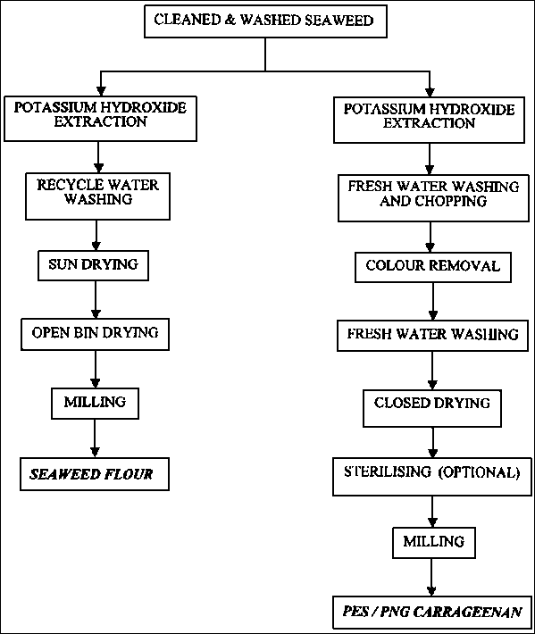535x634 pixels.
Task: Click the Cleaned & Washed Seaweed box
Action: coord(265,21)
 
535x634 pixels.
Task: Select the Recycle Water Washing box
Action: coord(98,196)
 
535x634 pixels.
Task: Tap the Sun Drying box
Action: coord(94,265)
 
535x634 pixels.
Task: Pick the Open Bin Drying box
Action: coord(95,334)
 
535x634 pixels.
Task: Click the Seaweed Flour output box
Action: coord(95,474)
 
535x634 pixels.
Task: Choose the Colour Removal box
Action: coord(433,267)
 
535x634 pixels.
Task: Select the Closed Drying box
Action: coord(432,408)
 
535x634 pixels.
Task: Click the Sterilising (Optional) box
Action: coord(432,477)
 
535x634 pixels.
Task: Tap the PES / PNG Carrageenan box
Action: coord(432,613)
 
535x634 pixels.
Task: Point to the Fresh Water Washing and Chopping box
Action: coord(433,198)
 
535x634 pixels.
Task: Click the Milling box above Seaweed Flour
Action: coord(95,404)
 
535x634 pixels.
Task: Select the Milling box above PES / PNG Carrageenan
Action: coord(434,543)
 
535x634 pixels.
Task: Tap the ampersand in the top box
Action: coord(230,20)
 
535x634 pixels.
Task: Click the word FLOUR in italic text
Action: coord(129,474)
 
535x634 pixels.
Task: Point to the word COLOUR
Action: coord(395,265)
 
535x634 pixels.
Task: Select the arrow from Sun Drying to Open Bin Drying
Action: coord(96,300)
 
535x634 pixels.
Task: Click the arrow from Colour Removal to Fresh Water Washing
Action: coord(433,302)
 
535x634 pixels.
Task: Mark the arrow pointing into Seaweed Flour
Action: coord(95,438)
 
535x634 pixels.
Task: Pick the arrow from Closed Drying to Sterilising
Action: coord(433,442)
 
